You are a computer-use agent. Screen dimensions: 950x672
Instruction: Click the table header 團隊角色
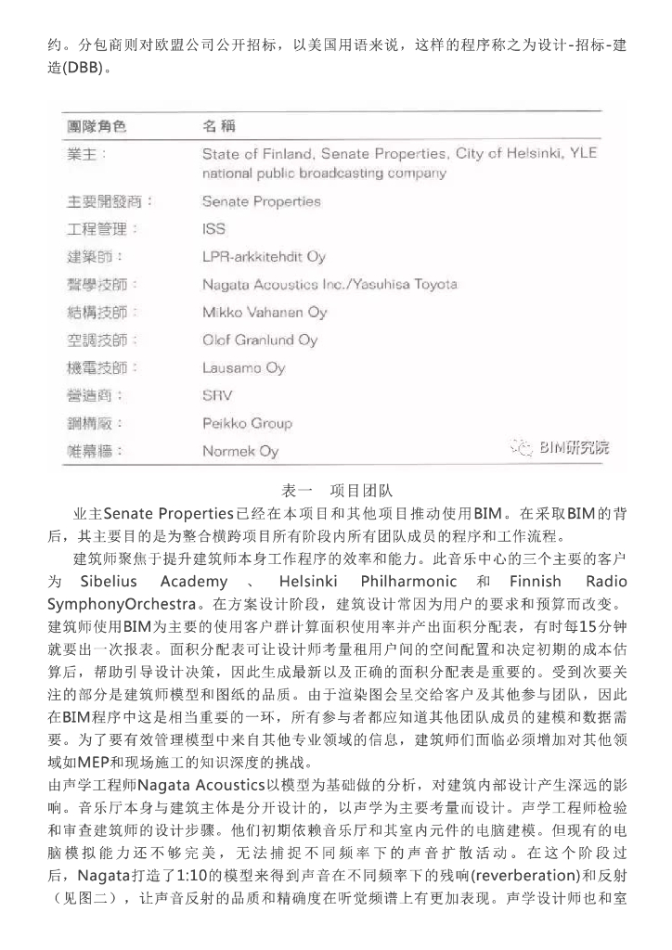(96, 124)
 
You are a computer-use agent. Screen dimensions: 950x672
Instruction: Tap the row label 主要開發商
(110, 201)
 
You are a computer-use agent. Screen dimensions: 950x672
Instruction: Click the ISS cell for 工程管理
(213, 229)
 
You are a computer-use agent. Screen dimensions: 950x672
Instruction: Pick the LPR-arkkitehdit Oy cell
(264, 256)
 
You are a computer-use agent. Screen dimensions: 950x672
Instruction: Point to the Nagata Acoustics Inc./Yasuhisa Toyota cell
(330, 284)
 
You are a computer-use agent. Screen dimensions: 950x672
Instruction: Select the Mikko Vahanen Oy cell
(265, 312)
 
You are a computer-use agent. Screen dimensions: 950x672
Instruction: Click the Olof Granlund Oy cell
(260, 340)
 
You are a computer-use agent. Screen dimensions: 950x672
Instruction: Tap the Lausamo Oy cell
(243, 368)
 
